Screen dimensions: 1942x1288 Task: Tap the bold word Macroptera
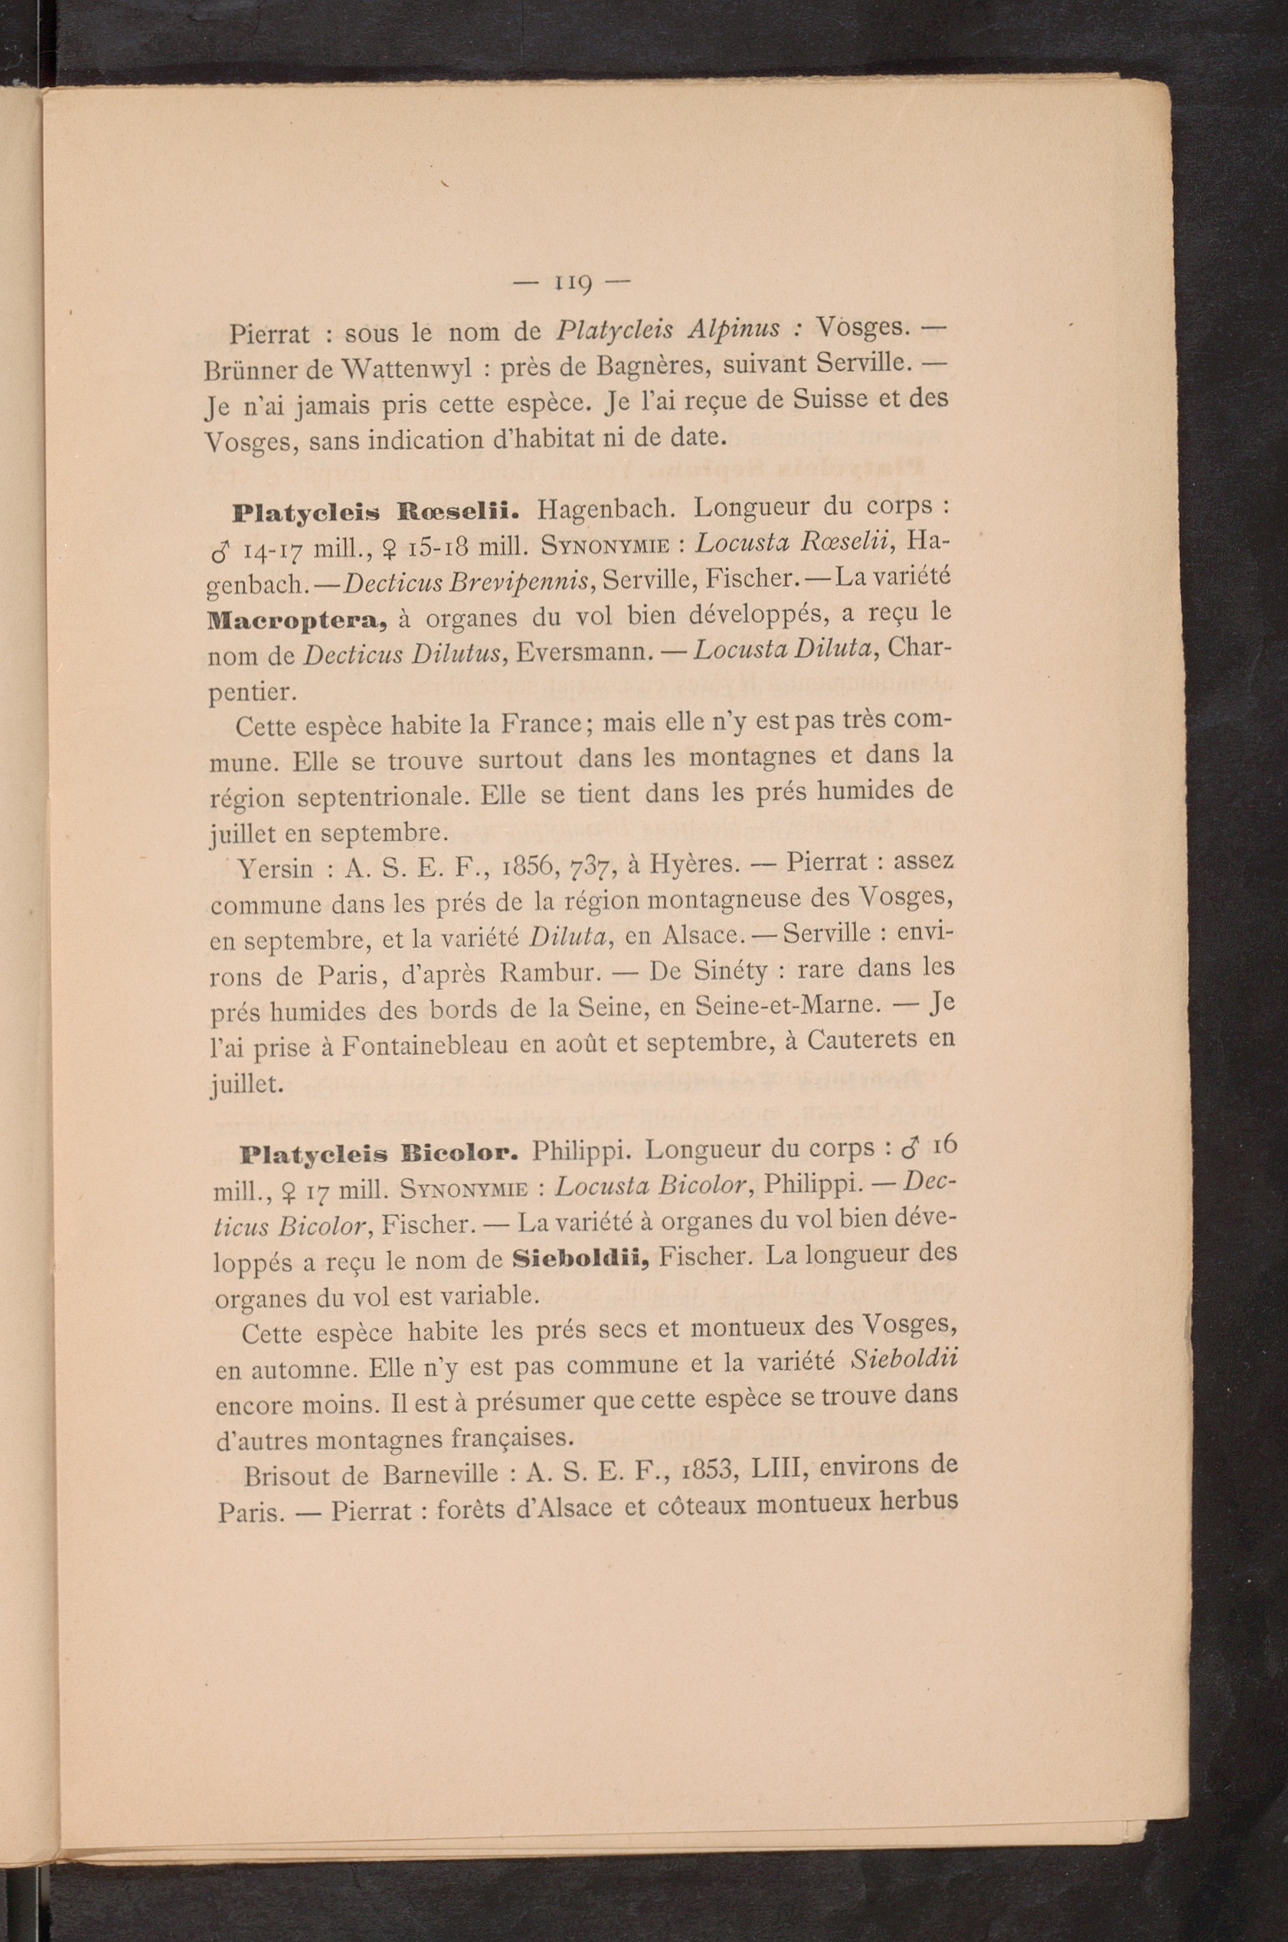[x=297, y=619]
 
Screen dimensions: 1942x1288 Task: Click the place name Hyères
[x=695, y=864]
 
